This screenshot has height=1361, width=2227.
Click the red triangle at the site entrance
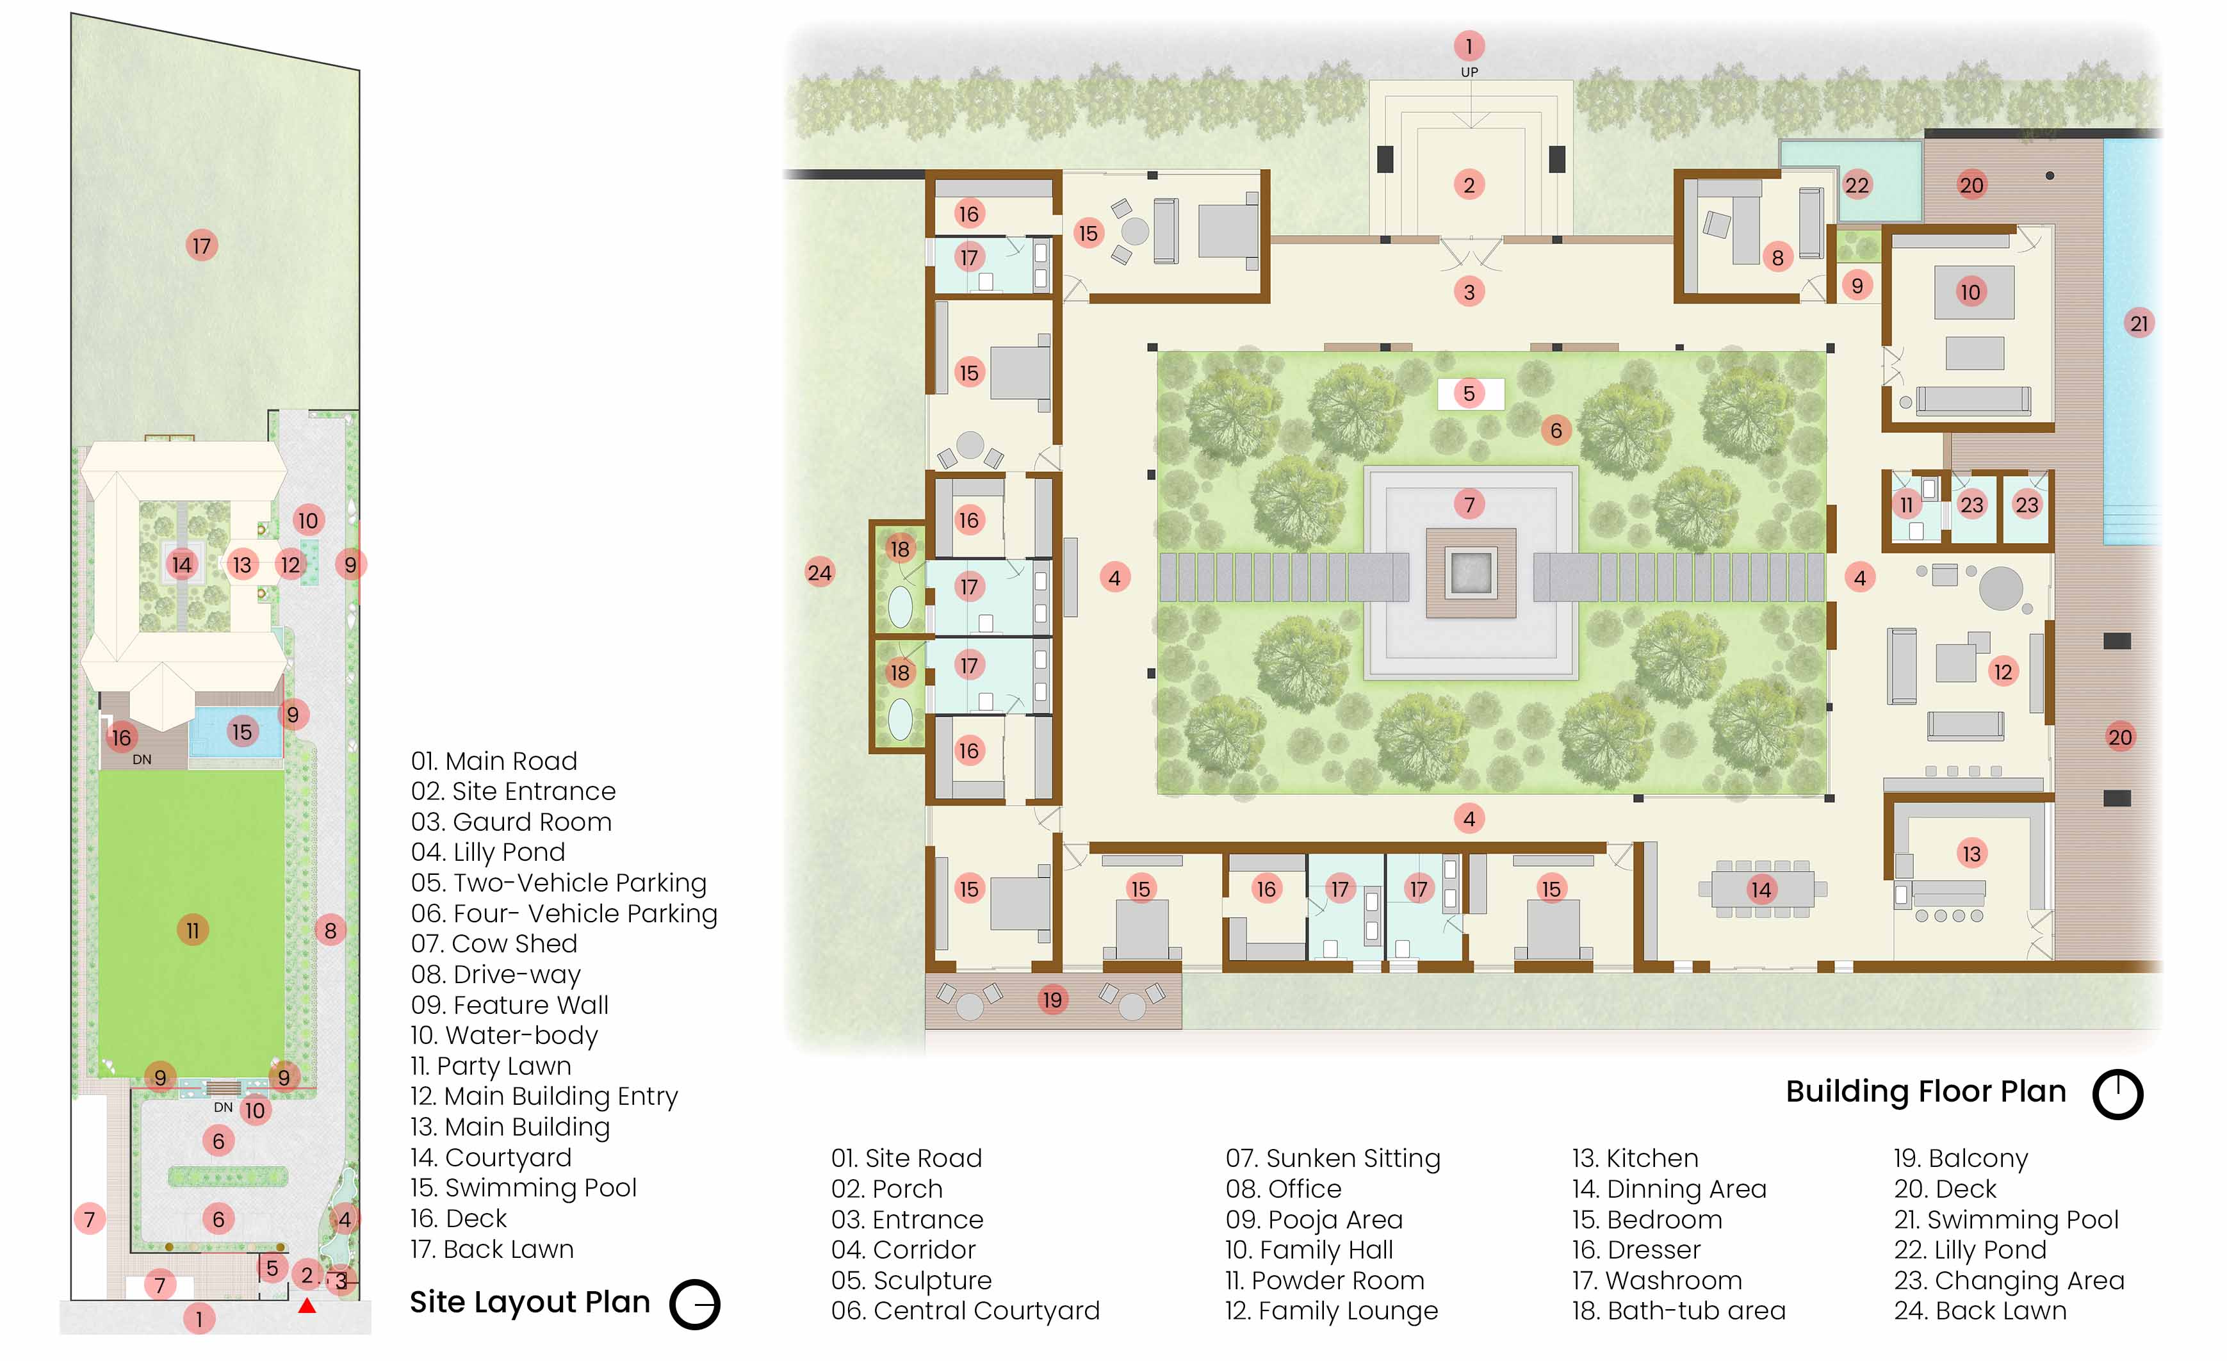coord(307,1305)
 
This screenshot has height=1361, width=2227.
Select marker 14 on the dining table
coord(1761,889)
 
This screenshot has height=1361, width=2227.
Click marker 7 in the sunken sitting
coord(1469,504)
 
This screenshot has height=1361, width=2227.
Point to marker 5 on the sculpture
coord(1469,393)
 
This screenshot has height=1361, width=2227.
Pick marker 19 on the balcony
coord(1052,1000)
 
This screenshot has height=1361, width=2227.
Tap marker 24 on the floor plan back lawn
coord(820,572)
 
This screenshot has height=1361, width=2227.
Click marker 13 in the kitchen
coord(1971,853)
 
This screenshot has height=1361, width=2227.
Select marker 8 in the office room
coord(1778,257)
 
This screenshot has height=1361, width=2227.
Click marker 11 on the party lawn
coord(193,930)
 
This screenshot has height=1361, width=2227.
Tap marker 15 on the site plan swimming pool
coord(241,731)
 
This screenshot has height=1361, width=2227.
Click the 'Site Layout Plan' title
coord(530,1301)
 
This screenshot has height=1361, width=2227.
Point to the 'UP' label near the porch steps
coord(1469,72)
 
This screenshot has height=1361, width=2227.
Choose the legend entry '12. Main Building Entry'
coord(544,1096)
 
